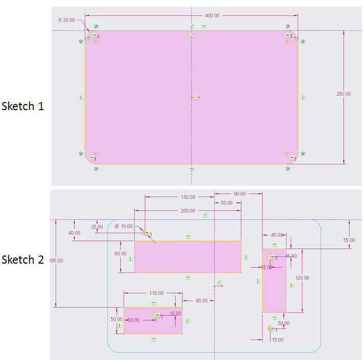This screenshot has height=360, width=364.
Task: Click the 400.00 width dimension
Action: click(x=212, y=16)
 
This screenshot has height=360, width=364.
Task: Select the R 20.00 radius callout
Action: click(x=66, y=20)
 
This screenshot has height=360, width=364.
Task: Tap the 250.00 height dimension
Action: click(x=344, y=94)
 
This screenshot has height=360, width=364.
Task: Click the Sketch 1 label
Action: click(x=23, y=107)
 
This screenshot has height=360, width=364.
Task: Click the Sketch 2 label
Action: click(x=23, y=260)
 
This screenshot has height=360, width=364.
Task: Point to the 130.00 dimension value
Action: click(x=188, y=196)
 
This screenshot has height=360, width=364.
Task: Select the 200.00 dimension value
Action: click(x=188, y=210)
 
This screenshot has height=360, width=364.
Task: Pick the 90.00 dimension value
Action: click(x=239, y=194)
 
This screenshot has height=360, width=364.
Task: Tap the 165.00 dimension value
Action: click(x=56, y=261)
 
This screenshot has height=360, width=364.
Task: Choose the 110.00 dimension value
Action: click(x=156, y=293)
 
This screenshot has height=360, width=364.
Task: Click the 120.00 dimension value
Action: click(x=302, y=278)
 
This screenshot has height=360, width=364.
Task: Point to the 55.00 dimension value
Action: click(x=349, y=240)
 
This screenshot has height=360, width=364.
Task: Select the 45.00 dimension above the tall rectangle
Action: click(x=276, y=235)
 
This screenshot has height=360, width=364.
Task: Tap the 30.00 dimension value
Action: click(x=283, y=323)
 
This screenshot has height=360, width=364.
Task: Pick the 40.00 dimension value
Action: click(x=74, y=233)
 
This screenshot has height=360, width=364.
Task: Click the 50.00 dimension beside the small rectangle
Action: click(x=117, y=319)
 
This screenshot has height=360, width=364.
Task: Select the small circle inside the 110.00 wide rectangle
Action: click(x=156, y=315)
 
